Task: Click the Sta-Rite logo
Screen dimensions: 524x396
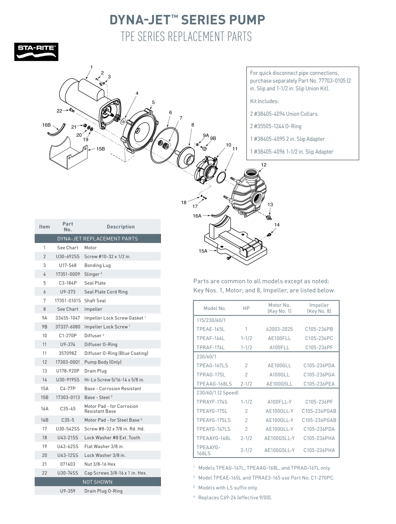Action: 36,52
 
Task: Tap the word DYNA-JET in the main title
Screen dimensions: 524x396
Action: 143,20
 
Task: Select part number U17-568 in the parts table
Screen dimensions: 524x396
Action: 68,265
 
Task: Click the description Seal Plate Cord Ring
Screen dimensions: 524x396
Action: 106,292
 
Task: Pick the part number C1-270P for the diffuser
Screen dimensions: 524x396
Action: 68,335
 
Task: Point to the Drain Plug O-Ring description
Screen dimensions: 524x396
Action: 103,491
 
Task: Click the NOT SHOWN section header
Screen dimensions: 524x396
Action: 98,482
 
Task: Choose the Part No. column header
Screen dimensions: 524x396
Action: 68,227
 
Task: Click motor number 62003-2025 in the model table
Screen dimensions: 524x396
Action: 279,329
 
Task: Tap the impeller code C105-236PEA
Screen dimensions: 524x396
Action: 319,384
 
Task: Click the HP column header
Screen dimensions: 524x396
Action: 246,308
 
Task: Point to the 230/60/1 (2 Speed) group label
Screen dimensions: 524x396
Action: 217,393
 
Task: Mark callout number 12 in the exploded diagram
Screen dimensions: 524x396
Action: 264,165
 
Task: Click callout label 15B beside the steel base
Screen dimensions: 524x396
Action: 100,149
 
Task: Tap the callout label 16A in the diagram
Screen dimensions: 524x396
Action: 197,216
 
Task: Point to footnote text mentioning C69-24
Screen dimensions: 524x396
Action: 235,498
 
